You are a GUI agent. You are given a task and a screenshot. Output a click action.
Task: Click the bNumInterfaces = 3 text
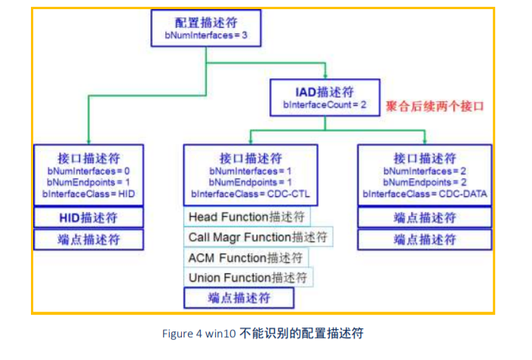click(206, 35)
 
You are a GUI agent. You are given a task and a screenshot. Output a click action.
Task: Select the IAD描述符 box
click(324, 97)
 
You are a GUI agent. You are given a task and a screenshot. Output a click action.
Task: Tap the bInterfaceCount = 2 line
click(324, 105)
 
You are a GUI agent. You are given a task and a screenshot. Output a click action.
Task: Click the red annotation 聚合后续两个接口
click(435, 106)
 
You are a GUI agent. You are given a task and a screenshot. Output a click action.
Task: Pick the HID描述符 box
click(88, 217)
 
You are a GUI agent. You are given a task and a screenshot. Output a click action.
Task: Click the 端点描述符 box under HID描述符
click(88, 239)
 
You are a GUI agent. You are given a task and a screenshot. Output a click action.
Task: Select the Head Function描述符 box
click(247, 217)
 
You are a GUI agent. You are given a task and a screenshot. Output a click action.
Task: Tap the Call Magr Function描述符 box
click(258, 237)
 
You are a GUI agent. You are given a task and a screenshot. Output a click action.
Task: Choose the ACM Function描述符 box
click(246, 257)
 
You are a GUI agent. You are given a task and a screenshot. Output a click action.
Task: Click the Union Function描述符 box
click(248, 278)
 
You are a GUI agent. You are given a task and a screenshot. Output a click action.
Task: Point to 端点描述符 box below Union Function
click(239, 298)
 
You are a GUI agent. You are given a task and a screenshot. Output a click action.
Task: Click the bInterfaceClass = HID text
click(88, 194)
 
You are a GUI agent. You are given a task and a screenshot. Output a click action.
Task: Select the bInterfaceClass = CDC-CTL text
click(251, 194)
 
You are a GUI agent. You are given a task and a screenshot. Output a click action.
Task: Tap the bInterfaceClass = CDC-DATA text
click(425, 194)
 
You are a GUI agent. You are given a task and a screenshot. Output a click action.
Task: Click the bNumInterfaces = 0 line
click(88, 171)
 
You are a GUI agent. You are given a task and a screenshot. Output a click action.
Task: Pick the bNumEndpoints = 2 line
click(425, 182)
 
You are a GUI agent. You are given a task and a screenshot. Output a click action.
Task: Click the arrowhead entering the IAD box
click(325, 76)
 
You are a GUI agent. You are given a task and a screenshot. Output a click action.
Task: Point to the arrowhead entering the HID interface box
click(88, 141)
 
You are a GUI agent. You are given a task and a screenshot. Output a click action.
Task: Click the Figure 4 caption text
click(263, 334)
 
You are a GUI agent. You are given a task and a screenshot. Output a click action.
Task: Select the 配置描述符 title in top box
click(206, 23)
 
